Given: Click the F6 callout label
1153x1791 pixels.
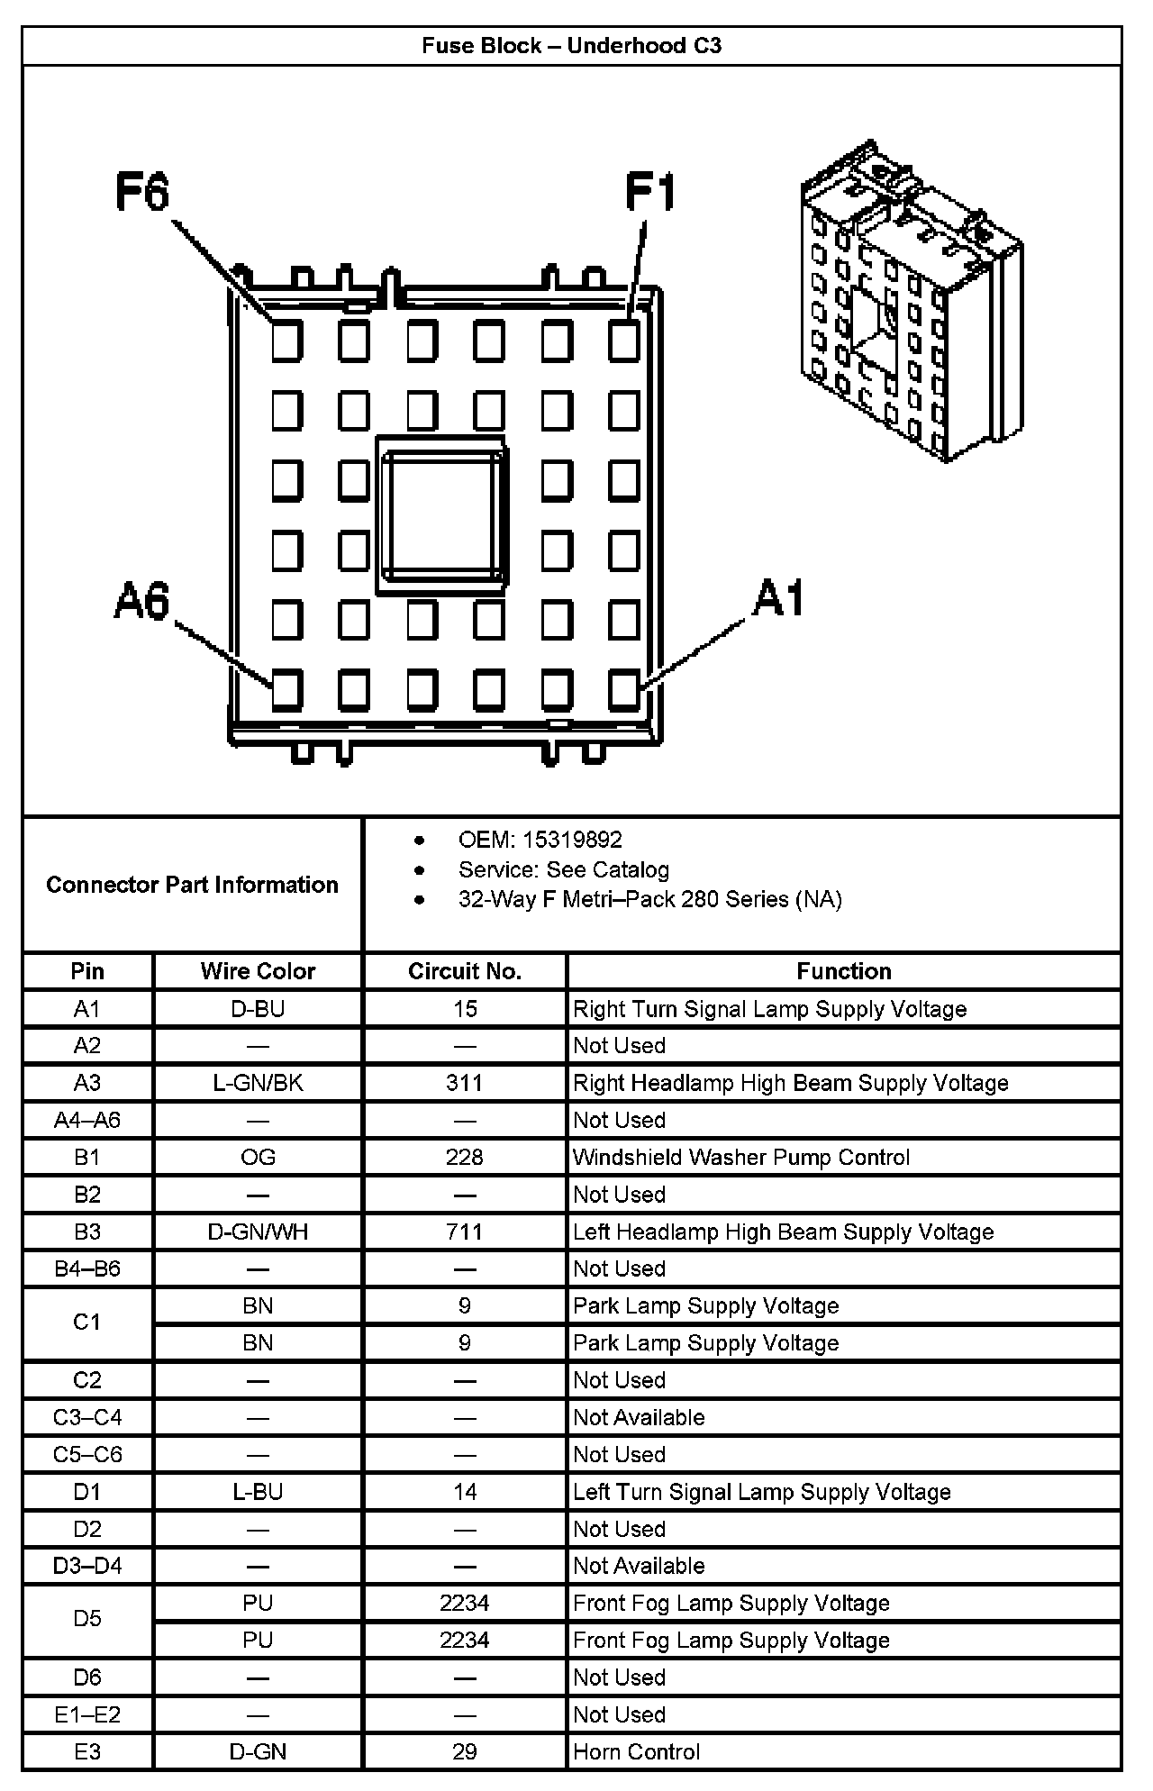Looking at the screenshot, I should click(142, 192).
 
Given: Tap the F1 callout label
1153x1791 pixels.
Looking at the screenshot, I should click(650, 192).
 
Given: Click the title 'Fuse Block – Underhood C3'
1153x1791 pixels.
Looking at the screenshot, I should click(572, 46).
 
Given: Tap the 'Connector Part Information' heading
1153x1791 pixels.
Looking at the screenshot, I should click(192, 885).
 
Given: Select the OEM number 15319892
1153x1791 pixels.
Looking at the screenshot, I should click(572, 840).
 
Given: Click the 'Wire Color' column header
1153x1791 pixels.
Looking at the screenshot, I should click(258, 971).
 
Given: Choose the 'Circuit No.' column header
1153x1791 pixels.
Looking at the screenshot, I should click(465, 971).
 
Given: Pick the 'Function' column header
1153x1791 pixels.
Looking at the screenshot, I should click(844, 971).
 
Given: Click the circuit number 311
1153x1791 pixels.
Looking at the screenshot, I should click(465, 1083).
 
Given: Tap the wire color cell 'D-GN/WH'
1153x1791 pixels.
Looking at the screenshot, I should click(258, 1232).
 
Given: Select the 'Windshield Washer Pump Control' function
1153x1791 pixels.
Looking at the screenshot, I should click(741, 1157).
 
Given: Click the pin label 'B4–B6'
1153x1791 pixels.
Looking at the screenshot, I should click(87, 1268).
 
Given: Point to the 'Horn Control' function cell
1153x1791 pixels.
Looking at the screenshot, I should click(636, 1751).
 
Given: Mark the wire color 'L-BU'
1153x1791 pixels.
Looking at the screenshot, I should click(258, 1492).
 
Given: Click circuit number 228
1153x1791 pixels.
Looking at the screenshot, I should click(465, 1157).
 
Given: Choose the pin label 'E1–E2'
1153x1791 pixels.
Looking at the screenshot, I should click(87, 1714).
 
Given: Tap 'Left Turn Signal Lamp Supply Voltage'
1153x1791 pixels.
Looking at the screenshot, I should click(762, 1492).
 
